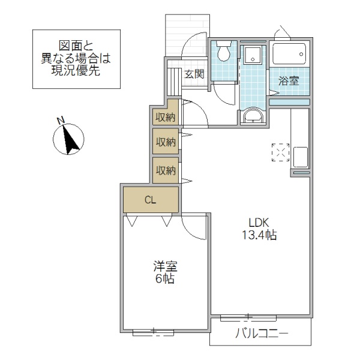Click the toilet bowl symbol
pos(223,53)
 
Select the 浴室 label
pos(289,80)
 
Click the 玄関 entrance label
pos(193,75)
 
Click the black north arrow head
pos(72,142)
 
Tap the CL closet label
pos(150,200)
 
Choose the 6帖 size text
pos(163,280)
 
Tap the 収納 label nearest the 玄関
pos(166,117)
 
